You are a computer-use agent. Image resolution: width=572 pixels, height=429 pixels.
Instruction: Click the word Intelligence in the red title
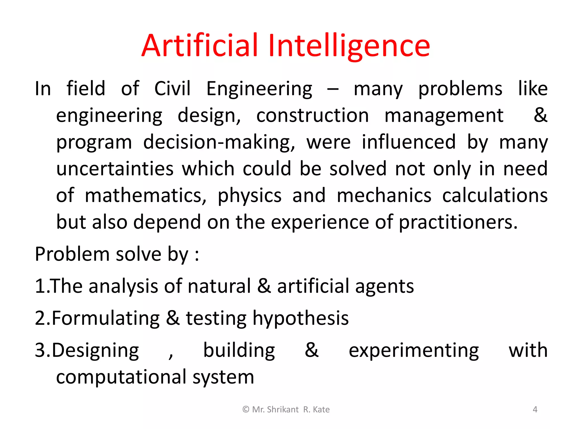(349, 46)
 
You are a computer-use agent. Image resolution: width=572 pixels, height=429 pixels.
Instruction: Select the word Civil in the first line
(172, 89)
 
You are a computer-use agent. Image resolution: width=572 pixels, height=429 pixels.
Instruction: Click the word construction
(313, 115)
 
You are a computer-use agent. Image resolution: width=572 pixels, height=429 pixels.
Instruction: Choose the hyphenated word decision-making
(219, 142)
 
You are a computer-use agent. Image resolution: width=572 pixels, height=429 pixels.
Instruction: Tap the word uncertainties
(115, 169)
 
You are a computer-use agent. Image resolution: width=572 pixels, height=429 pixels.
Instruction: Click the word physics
(249, 195)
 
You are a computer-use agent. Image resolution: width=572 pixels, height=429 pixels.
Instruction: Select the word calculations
(495, 195)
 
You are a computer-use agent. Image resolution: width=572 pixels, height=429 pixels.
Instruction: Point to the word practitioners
(458, 222)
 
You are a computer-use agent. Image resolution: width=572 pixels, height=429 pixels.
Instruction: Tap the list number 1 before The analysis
(39, 286)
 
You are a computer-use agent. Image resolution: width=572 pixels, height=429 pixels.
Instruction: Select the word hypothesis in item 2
(301, 318)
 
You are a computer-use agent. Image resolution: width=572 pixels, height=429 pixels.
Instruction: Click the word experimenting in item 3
(414, 351)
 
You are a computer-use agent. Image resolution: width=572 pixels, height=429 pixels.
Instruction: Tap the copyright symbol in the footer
(246, 409)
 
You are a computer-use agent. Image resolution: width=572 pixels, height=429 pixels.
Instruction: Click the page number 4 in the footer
(535, 409)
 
